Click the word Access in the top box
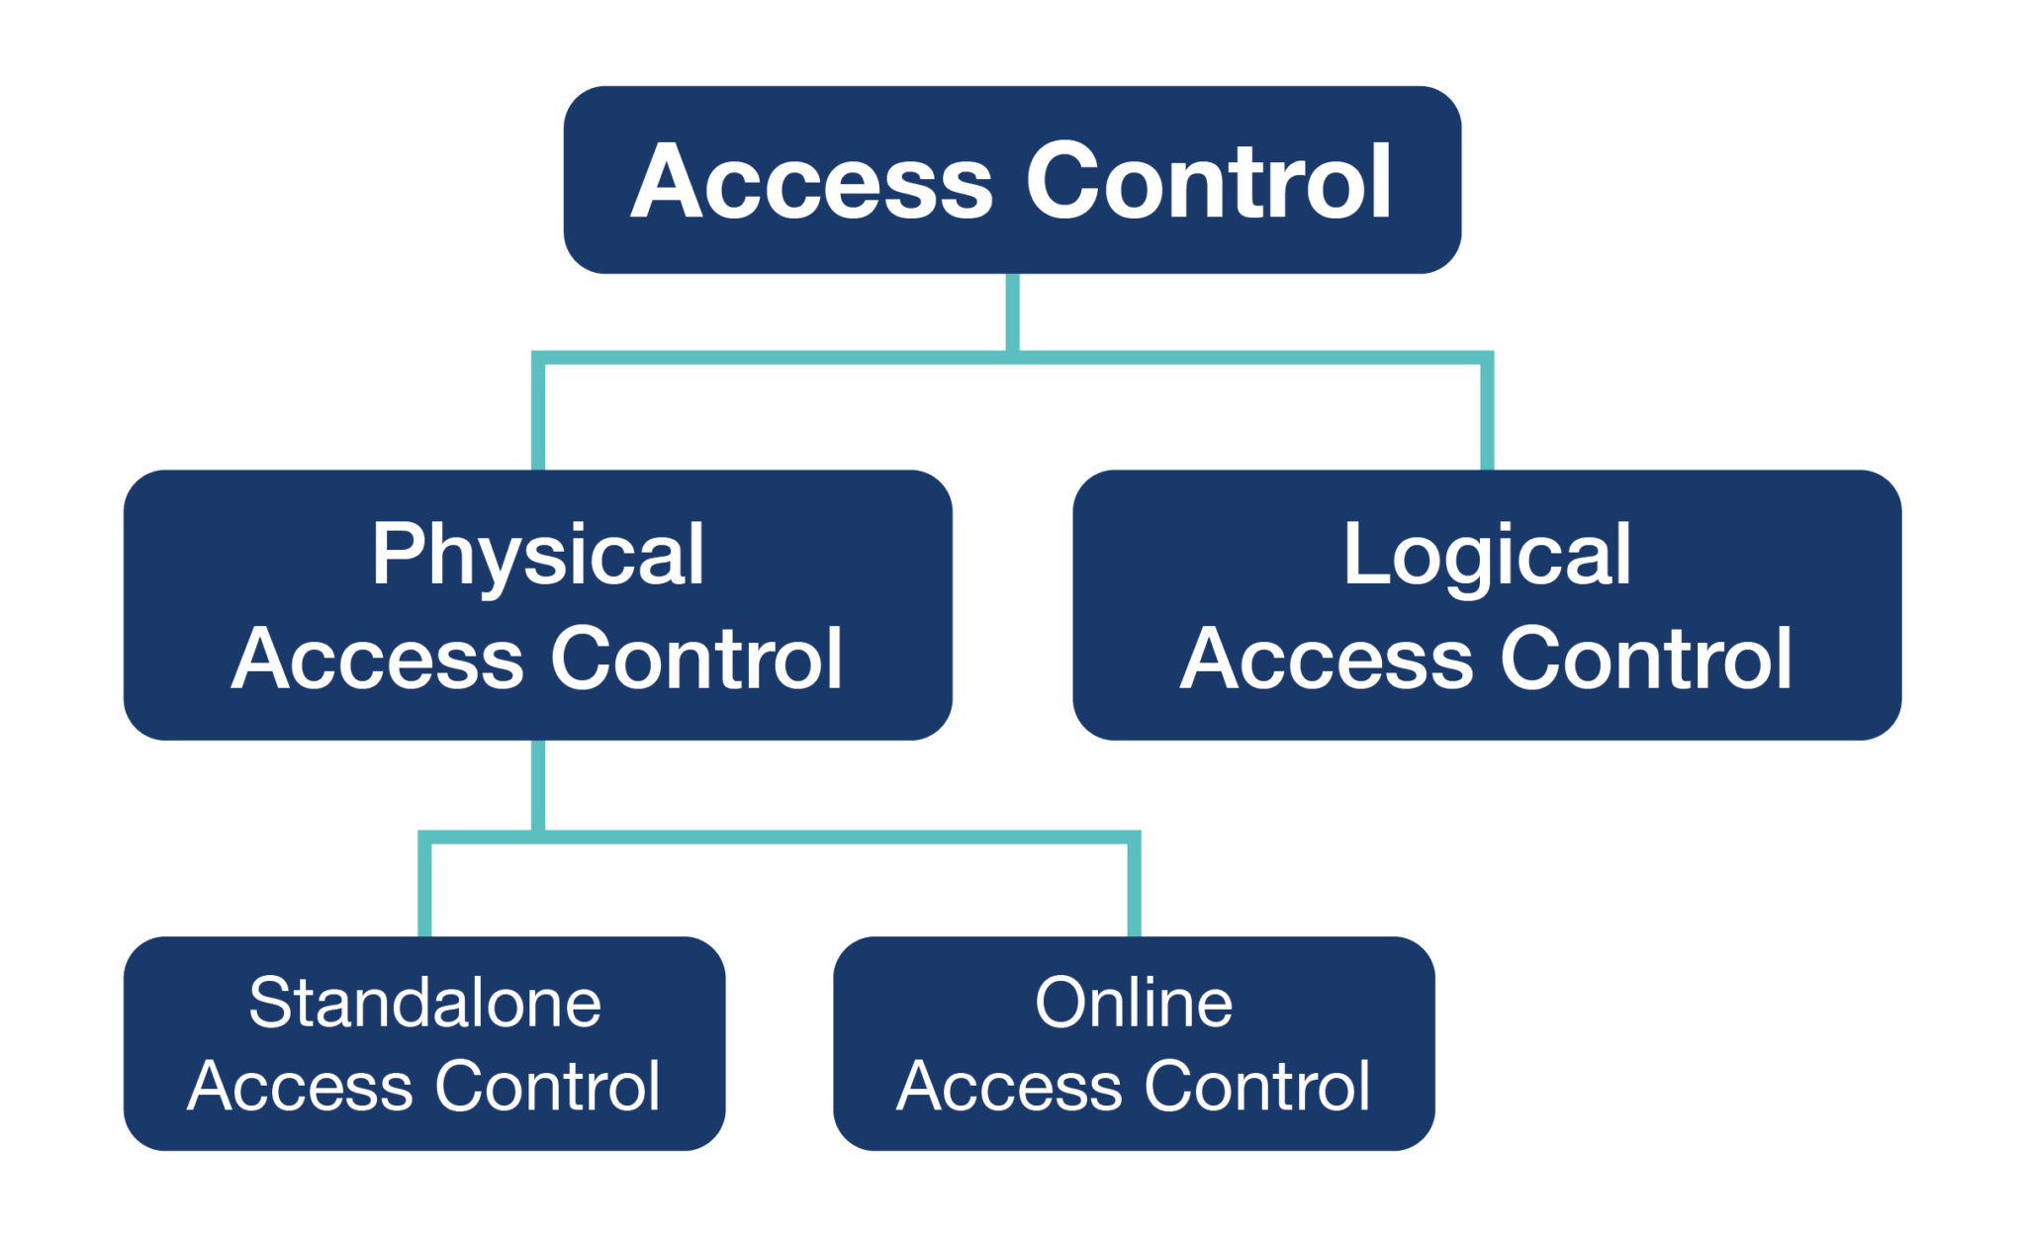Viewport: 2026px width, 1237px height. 811,182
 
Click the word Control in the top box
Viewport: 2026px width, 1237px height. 1209,182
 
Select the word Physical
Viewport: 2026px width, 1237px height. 537,556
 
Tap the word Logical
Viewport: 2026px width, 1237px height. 1486,556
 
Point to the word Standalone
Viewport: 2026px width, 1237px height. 424,1003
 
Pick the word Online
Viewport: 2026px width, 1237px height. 1134,1003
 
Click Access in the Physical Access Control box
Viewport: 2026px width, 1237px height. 377,660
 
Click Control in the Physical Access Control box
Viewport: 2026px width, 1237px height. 695,660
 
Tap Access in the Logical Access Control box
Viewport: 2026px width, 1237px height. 1327,660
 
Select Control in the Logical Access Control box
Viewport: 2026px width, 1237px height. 1645,660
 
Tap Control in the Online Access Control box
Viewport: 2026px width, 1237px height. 1257,1087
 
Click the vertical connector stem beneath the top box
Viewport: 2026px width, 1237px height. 1012,311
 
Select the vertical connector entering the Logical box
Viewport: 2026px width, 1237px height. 1486,415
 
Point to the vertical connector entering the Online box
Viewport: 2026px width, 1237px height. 1134,887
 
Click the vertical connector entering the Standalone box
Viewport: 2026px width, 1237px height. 424,887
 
